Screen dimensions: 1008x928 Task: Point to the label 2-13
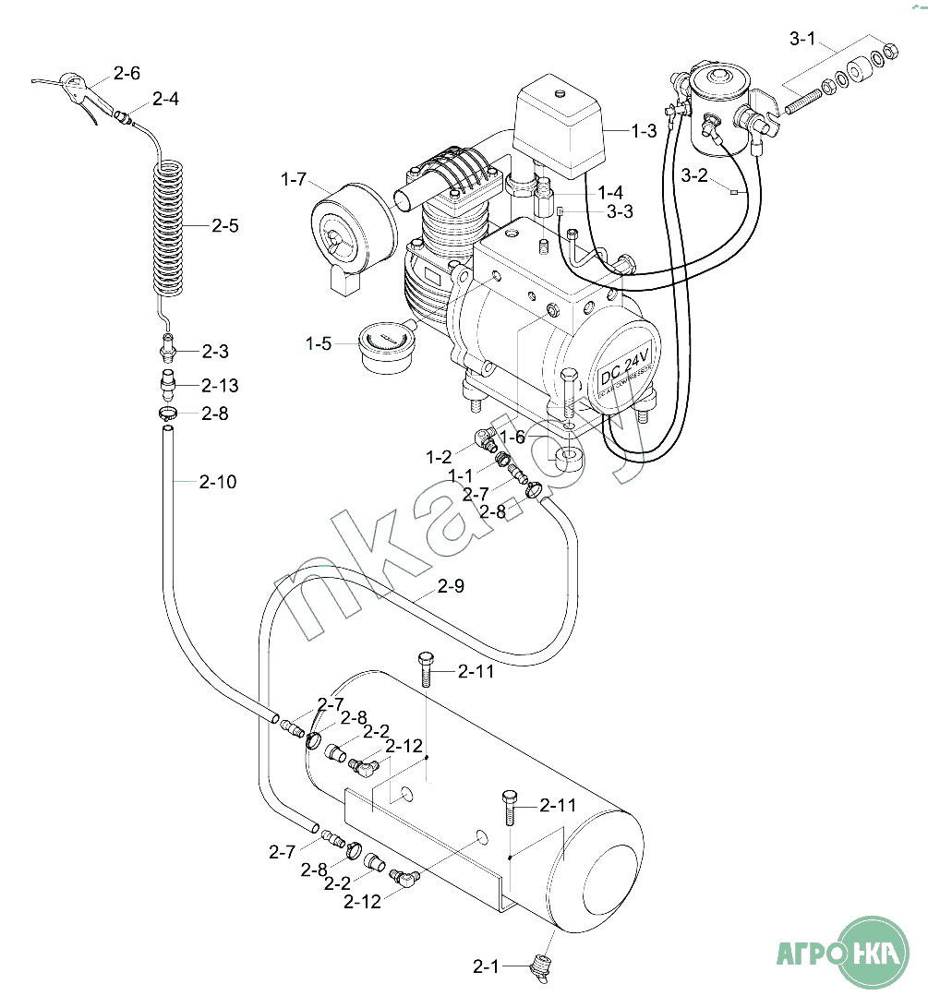(220, 385)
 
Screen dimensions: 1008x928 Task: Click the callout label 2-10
(218, 481)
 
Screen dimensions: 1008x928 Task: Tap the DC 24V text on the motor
(623, 363)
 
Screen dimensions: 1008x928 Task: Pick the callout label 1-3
(644, 131)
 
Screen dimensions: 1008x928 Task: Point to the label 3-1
(802, 40)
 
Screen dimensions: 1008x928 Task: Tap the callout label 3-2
(694, 175)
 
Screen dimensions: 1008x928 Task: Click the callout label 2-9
(451, 585)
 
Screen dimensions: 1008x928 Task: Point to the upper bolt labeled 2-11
(425, 668)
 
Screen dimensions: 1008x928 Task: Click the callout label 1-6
(512, 438)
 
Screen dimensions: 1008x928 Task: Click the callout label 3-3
(621, 211)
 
